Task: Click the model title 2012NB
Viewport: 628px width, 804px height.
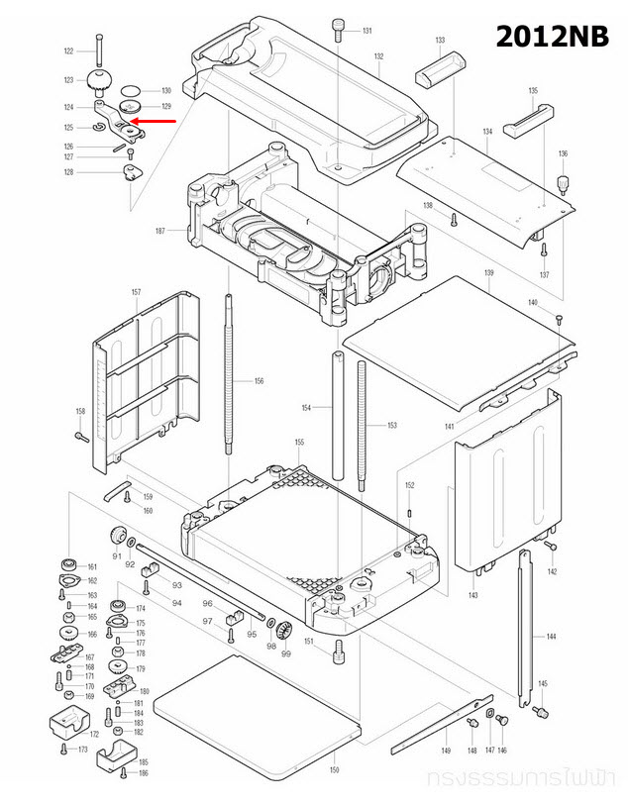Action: pos(554,37)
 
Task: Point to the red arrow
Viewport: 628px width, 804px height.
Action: pos(156,121)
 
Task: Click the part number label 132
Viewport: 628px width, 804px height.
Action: pos(378,56)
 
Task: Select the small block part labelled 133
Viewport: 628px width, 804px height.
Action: pos(438,71)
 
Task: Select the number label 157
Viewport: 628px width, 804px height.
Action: pos(136,292)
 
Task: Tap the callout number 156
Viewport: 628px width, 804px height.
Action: pos(259,381)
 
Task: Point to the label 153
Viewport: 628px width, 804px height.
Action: pos(391,425)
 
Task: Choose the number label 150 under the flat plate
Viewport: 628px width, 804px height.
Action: pos(334,769)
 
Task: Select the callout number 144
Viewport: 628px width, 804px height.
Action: pos(552,636)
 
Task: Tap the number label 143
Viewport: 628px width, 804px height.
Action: pos(472,595)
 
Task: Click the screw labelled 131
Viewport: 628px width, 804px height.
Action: pos(338,30)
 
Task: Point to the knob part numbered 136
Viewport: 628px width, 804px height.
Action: pos(563,183)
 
